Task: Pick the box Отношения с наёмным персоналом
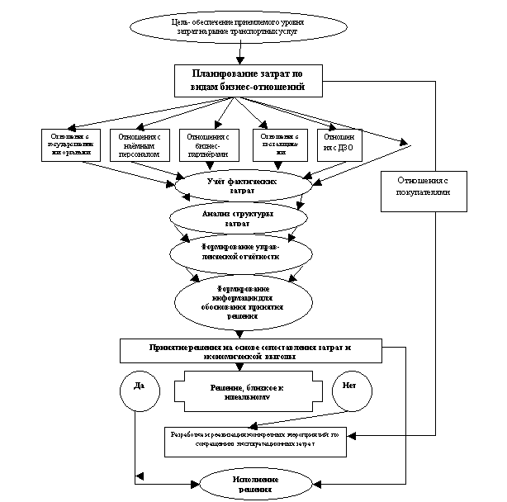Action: coord(144,144)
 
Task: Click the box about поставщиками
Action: coord(282,144)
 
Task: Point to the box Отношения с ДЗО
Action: coord(340,144)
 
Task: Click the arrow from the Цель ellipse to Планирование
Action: coord(239,56)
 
